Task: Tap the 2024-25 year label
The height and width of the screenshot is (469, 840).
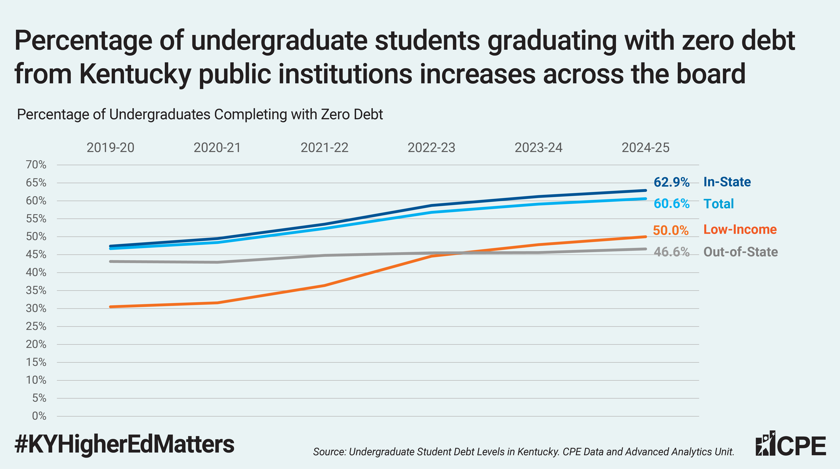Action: click(x=645, y=148)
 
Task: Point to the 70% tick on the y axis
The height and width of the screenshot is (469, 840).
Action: click(x=36, y=165)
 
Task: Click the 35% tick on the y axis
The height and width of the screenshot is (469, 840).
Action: click(x=36, y=290)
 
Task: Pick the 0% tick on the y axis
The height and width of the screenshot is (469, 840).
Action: click(x=39, y=416)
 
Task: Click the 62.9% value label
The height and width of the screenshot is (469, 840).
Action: click(x=671, y=182)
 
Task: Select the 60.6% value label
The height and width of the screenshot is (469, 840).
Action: click(x=671, y=204)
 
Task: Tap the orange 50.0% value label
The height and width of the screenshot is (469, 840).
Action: click(x=670, y=230)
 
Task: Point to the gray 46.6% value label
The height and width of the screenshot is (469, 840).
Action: click(x=671, y=252)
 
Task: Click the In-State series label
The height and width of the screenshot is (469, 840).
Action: click(x=727, y=182)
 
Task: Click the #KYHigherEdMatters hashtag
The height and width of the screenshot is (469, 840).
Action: click(x=124, y=444)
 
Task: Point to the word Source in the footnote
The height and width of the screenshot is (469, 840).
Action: click(x=328, y=452)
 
